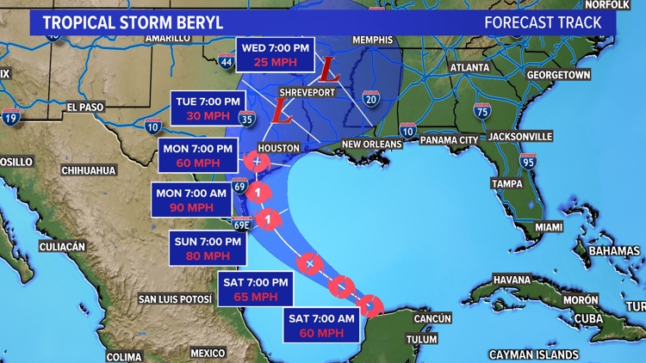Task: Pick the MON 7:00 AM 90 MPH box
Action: (x=192, y=200)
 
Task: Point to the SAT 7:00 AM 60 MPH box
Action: (x=322, y=327)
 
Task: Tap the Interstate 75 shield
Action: (x=482, y=110)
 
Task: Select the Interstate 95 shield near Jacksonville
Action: (x=527, y=161)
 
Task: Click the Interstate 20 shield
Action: (x=371, y=101)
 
